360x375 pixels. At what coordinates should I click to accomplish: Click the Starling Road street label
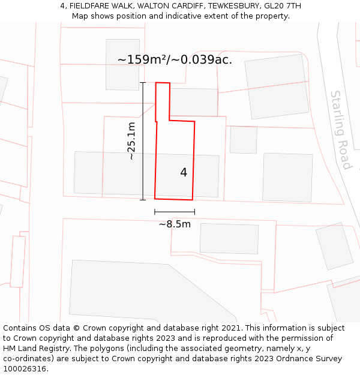tap(340, 130)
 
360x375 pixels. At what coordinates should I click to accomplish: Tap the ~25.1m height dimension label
tap(131, 141)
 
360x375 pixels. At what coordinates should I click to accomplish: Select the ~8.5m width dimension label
tap(175, 224)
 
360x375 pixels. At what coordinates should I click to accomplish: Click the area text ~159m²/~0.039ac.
tap(175, 59)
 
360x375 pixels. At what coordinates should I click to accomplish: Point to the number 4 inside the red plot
tap(184, 172)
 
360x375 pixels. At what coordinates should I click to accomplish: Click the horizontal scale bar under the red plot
tap(175, 212)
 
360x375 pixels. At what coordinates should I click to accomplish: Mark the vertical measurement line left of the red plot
tap(143, 141)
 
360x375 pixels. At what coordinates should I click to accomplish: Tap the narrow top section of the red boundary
tap(163, 101)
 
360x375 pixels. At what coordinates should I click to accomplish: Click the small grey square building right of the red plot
tap(244, 140)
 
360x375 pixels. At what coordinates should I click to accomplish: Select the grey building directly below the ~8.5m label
tap(229, 238)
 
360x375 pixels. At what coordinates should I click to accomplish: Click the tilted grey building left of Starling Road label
tap(277, 86)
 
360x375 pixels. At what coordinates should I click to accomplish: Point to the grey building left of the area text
tap(122, 64)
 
